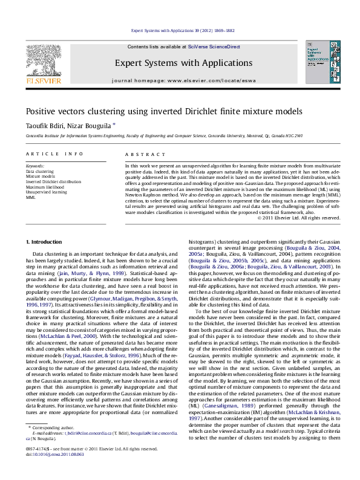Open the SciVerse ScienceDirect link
(206, 47)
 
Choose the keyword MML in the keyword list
(31, 197)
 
